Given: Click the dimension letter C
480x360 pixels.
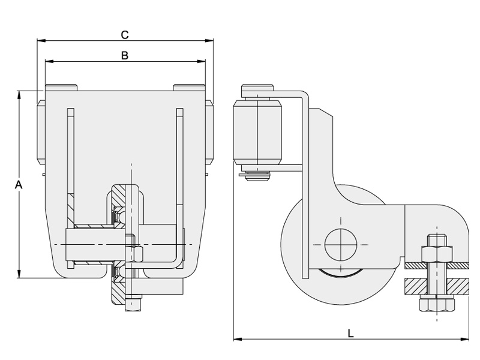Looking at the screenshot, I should (125, 34).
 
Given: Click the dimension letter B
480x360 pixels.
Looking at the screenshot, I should (125, 55).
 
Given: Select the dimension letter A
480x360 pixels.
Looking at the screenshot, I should (19, 185).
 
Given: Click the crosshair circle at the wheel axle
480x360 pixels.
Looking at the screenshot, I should (340, 245).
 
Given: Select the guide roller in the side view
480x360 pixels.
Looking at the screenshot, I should (258, 133).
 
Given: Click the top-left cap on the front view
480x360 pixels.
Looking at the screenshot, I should (61, 88).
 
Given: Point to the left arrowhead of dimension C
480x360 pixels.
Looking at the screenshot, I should (40, 41).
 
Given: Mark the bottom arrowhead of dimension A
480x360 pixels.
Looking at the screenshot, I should (19, 275).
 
